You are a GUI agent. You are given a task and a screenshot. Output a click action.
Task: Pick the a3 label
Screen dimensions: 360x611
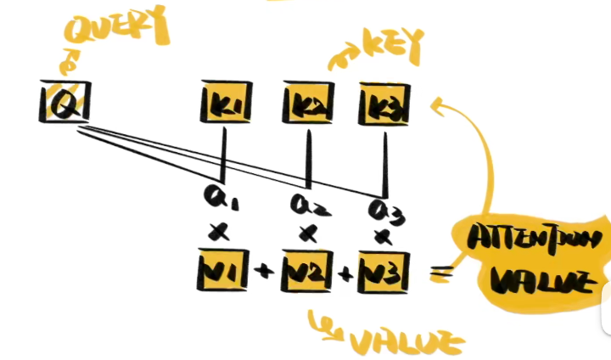[x=384, y=208]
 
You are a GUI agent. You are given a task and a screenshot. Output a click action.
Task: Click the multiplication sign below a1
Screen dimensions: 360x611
[x=223, y=232]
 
